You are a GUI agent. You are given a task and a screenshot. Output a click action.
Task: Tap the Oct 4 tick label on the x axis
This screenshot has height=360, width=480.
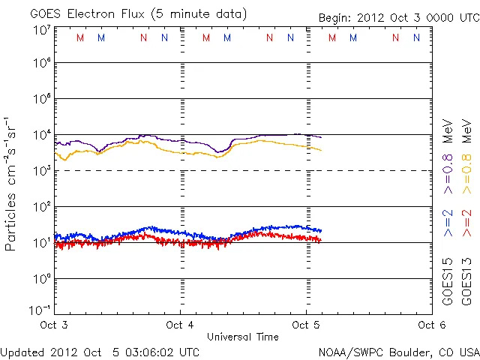pyautogui.click(x=180, y=325)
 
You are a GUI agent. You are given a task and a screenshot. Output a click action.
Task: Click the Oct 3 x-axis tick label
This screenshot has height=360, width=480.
pyautogui.click(x=55, y=325)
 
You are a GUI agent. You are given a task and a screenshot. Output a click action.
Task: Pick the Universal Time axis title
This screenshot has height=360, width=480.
pyautogui.click(x=242, y=337)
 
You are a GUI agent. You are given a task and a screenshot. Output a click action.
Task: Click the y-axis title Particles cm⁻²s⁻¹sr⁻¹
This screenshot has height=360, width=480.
pyautogui.click(x=10, y=184)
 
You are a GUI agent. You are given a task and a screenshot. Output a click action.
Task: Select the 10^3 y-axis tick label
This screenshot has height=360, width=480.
pyautogui.click(x=41, y=170)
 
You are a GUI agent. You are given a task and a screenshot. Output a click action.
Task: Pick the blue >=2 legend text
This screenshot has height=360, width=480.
pyautogui.click(x=448, y=223)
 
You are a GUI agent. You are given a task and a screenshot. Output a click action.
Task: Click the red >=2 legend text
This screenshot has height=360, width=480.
pyautogui.click(x=466, y=223)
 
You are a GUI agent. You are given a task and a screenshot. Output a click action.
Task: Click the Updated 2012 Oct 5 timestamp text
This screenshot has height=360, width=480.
pyautogui.click(x=100, y=351)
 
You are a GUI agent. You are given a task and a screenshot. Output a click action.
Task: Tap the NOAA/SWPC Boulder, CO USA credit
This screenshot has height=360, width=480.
pyautogui.click(x=397, y=351)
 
